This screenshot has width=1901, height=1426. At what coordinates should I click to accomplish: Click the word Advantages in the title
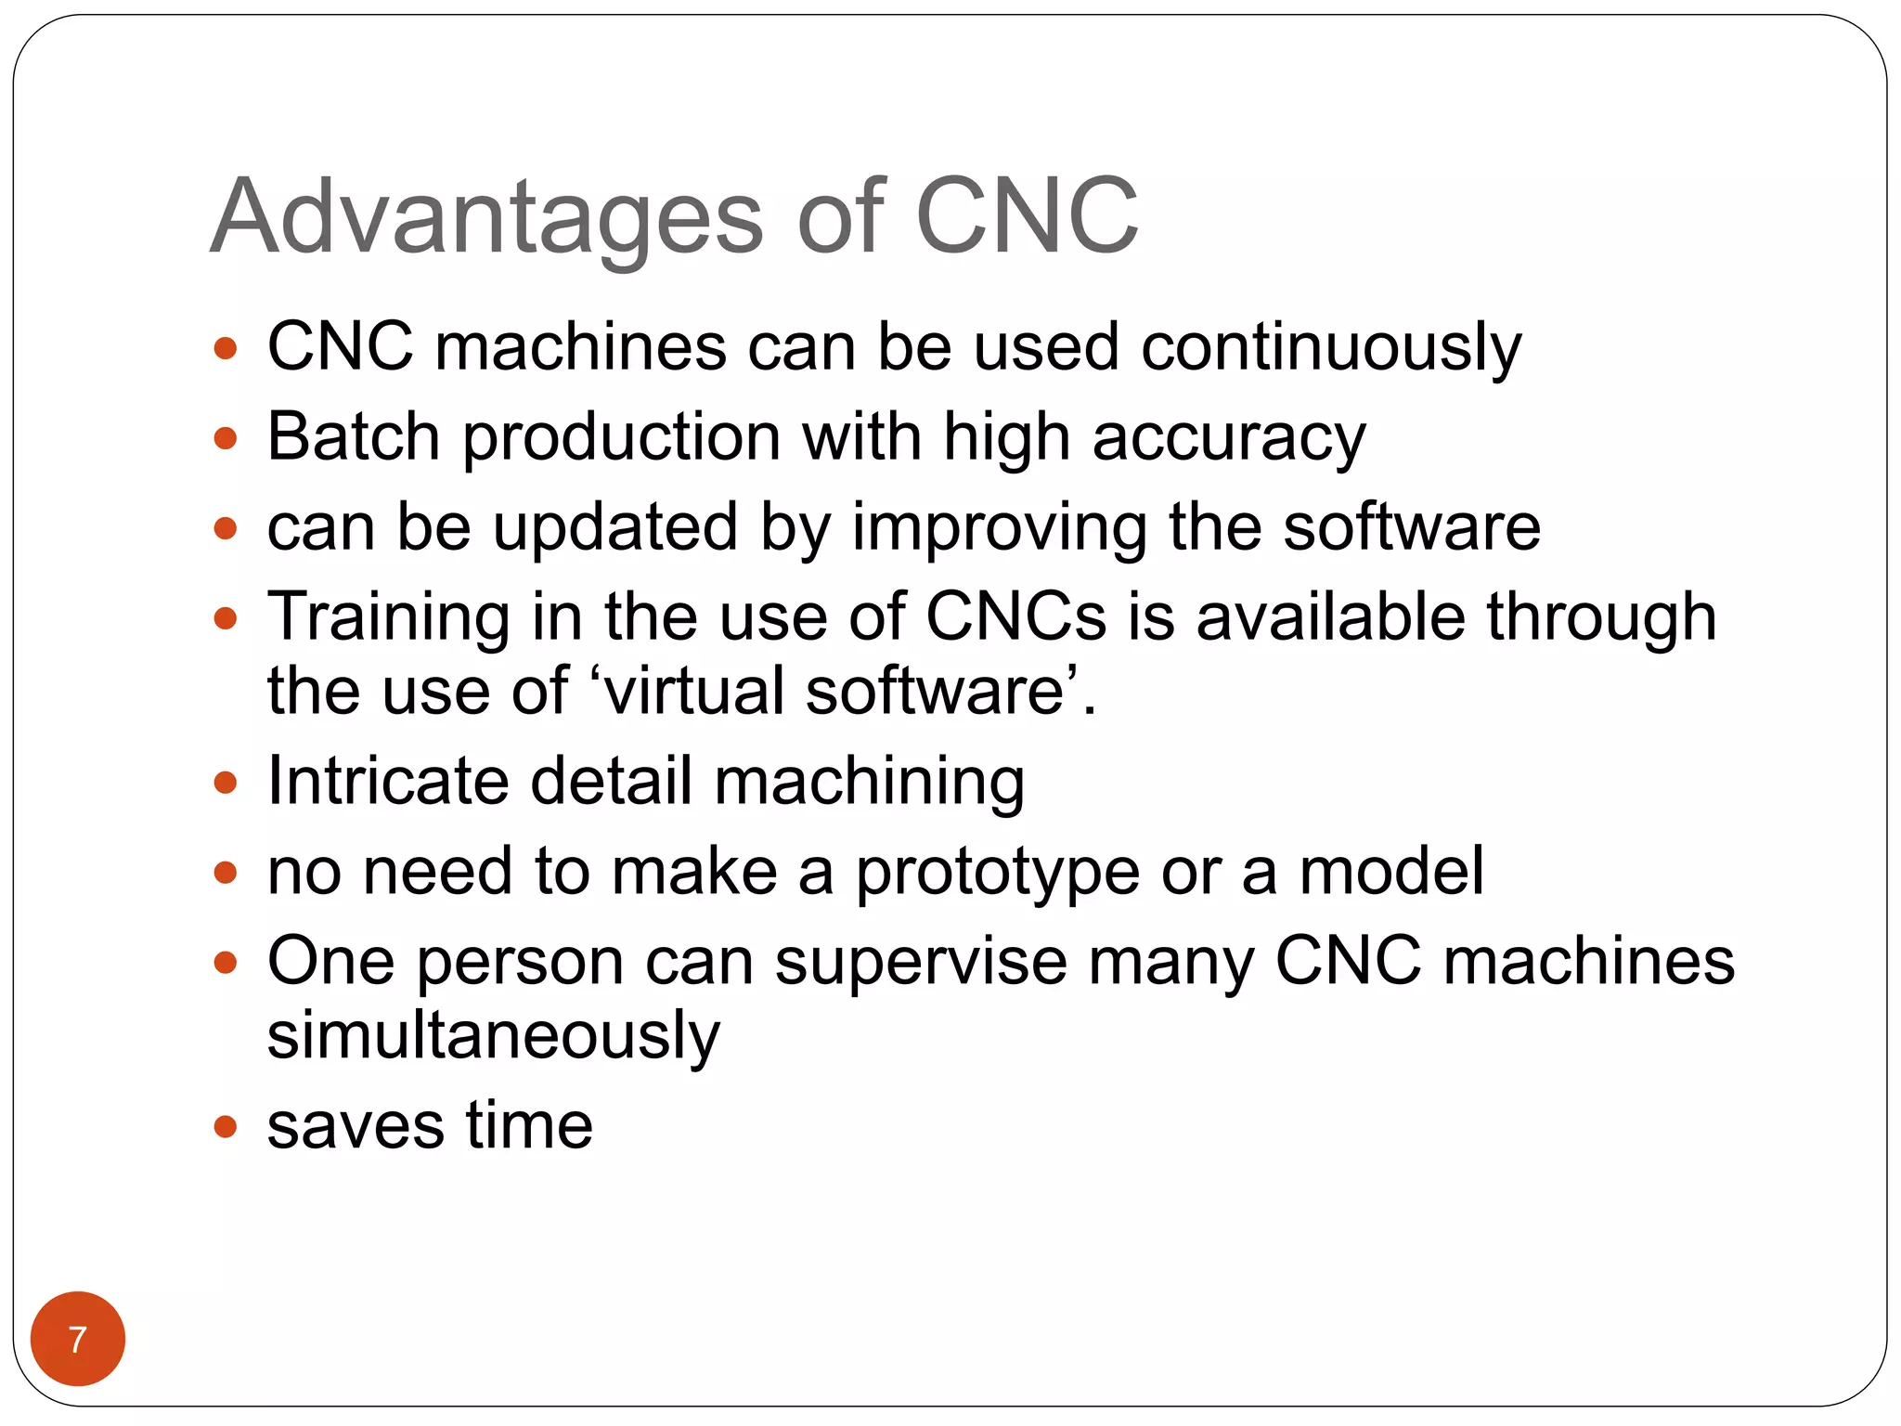click(x=487, y=218)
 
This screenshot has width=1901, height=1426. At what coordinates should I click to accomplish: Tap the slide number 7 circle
click(x=78, y=1339)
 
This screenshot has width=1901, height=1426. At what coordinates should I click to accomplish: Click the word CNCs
click(x=1015, y=616)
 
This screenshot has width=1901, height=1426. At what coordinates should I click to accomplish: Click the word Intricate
click(x=388, y=781)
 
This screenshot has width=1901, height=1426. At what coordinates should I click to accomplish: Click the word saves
click(x=356, y=1126)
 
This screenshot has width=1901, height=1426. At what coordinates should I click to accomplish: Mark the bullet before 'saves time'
click(x=226, y=1127)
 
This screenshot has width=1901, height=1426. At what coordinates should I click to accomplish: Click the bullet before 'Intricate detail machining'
click(x=226, y=782)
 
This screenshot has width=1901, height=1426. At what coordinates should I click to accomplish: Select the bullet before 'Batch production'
click(x=226, y=437)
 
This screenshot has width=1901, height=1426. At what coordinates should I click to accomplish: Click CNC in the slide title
click(x=1027, y=218)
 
